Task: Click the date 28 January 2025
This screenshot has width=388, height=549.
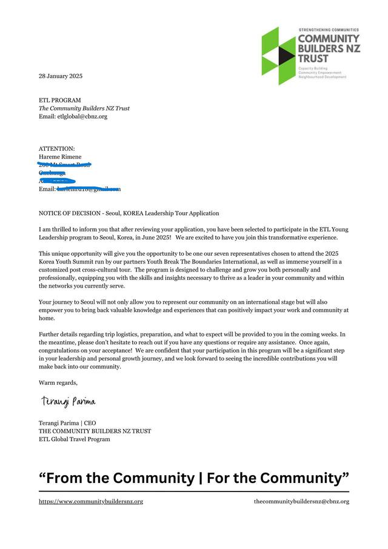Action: point(61,76)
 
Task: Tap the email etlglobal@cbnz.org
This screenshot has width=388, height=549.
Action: point(82,116)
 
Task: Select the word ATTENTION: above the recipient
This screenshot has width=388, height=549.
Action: point(57,148)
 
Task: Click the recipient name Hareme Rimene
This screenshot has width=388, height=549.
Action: point(60,157)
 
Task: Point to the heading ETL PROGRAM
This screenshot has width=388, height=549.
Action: point(59,100)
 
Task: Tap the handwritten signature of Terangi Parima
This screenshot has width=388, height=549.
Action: point(68,401)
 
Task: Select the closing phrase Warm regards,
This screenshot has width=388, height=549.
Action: point(58,382)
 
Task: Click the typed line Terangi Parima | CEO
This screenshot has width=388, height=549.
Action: point(67,423)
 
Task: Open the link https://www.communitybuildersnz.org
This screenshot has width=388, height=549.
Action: point(91,501)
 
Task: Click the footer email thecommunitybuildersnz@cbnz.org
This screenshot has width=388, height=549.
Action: point(301,501)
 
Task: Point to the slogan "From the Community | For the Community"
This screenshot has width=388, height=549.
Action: point(194,477)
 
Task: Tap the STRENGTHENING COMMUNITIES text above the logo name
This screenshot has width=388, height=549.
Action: point(329,30)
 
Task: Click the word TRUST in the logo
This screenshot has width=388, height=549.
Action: point(313,59)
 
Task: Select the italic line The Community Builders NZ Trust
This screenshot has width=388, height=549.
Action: point(84,108)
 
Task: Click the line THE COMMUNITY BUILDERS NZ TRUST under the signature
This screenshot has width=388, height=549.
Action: point(95,431)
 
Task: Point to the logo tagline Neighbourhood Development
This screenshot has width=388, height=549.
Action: point(322,77)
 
